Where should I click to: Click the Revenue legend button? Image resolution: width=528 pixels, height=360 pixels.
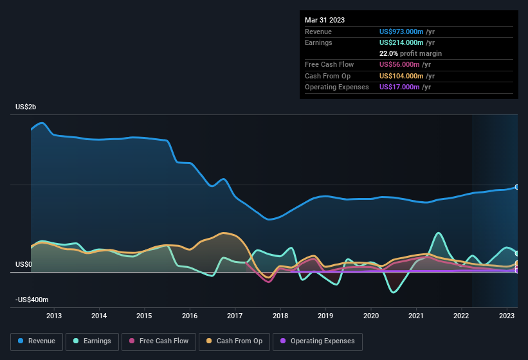(x=37, y=341)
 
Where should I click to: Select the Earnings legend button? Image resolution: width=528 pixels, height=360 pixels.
(x=93, y=341)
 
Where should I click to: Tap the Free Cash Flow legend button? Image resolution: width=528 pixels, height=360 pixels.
(x=158, y=341)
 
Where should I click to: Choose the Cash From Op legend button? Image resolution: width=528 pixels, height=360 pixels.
(x=235, y=341)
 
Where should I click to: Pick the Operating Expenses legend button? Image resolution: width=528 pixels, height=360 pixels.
(x=318, y=341)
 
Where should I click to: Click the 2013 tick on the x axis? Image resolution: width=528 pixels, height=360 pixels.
(x=54, y=316)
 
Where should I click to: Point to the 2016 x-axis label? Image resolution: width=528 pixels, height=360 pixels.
(x=190, y=316)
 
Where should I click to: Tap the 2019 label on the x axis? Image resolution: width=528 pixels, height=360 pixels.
(x=325, y=316)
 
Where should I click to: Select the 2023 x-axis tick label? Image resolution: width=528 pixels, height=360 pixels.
(x=507, y=316)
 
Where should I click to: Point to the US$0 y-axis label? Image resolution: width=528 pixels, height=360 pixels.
(x=24, y=264)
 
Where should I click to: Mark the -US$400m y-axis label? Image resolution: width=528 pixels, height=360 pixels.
(x=32, y=300)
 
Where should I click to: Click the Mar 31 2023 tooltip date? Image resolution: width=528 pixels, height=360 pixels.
(x=325, y=20)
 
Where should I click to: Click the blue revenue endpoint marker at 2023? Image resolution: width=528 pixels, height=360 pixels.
(x=517, y=187)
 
